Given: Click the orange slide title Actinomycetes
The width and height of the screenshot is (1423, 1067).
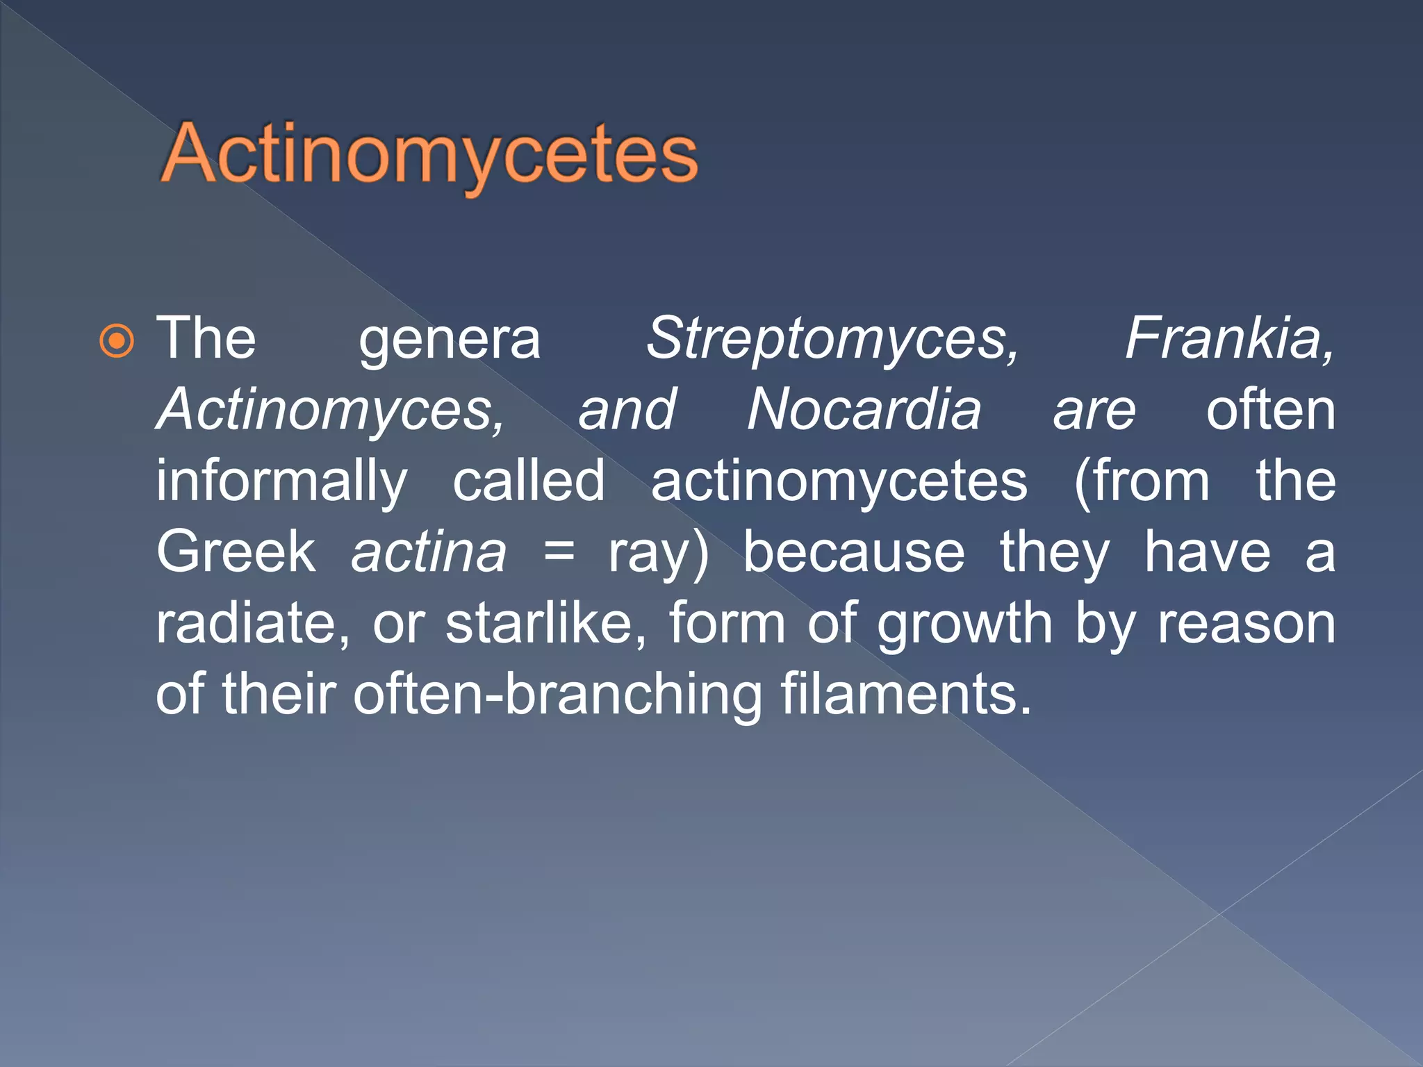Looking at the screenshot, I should click(x=429, y=154).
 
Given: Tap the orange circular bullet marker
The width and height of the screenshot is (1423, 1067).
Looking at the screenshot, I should click(x=116, y=341).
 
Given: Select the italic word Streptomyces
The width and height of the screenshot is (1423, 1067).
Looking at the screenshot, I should click(x=832, y=339).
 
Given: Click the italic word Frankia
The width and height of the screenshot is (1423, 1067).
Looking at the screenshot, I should click(x=1228, y=339).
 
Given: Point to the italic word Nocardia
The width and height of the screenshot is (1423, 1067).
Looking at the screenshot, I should click(x=864, y=410).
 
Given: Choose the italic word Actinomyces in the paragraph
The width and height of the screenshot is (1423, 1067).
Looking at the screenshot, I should click(x=330, y=410).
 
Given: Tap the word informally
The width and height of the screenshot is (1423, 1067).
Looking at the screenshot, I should click(x=281, y=482).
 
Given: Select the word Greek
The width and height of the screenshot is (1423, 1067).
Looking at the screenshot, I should click(x=236, y=552).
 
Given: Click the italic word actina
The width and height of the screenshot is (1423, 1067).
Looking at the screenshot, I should click(x=429, y=553).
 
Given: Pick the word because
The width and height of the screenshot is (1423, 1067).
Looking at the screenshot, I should click(x=854, y=553).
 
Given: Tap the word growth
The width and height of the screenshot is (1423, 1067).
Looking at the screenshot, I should click(x=964, y=625).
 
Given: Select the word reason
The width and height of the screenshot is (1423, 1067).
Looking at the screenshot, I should click(x=1246, y=625).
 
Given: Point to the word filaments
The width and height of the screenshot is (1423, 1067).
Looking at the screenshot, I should click(x=905, y=694).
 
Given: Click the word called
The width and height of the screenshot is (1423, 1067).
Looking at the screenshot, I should click(x=529, y=481).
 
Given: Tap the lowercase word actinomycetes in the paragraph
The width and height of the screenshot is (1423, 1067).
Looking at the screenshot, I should click(x=839, y=482).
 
